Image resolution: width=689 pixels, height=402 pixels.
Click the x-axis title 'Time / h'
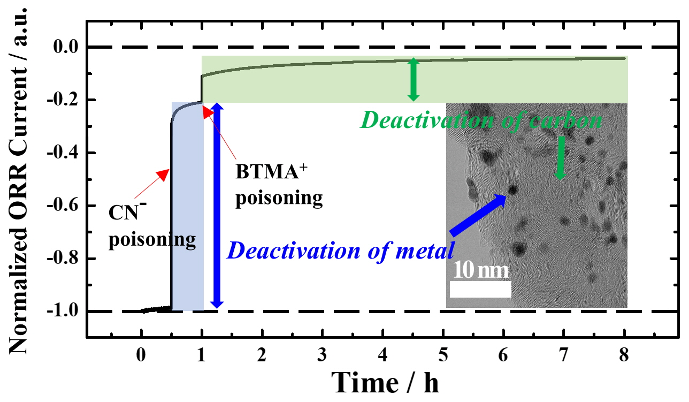tap(386, 382)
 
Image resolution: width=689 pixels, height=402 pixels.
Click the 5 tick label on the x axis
tap(443, 355)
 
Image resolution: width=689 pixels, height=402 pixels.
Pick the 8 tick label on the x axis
tap(624, 355)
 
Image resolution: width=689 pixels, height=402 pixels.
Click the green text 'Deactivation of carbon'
tap(481, 121)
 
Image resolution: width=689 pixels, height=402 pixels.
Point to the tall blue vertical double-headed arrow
tap(217, 206)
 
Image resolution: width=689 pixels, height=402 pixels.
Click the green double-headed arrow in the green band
tap(412, 79)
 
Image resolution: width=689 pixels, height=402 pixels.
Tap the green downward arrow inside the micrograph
tap(560, 158)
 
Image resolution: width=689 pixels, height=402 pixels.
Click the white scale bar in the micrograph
tap(480, 289)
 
